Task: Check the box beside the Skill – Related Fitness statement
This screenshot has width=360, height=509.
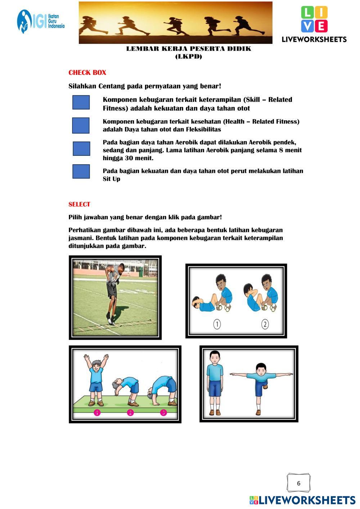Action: [81, 102]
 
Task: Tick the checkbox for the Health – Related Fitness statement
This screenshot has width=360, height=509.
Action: [81, 125]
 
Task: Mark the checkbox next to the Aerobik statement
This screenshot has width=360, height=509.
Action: [81, 149]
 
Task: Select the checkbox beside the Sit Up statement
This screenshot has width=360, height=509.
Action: [81, 171]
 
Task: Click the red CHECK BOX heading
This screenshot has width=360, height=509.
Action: [87, 72]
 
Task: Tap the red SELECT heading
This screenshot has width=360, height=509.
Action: [79, 204]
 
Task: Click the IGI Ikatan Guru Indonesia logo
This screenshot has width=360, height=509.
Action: [41, 22]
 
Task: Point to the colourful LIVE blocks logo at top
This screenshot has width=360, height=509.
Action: [314, 19]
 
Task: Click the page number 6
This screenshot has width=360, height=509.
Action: [299, 483]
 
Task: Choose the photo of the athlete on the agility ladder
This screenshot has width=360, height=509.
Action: [115, 297]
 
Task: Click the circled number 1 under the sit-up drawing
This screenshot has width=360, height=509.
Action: [217, 324]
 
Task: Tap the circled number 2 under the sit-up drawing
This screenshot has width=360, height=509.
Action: [265, 324]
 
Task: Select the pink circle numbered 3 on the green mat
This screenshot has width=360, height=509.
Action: [163, 413]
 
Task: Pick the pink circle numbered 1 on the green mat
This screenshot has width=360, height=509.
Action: [97, 413]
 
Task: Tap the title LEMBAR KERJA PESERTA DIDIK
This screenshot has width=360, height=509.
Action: [189, 49]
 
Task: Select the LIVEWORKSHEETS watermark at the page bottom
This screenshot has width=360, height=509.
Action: [302, 500]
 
